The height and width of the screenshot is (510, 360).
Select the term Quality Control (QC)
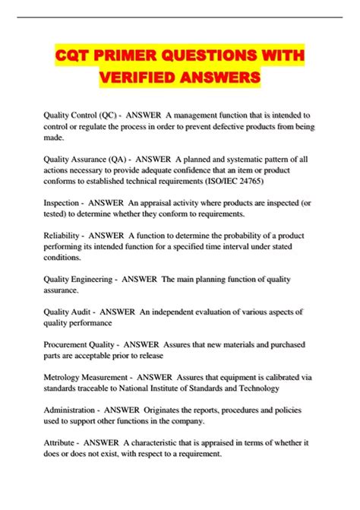76,115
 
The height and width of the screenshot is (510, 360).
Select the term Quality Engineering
80,280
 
